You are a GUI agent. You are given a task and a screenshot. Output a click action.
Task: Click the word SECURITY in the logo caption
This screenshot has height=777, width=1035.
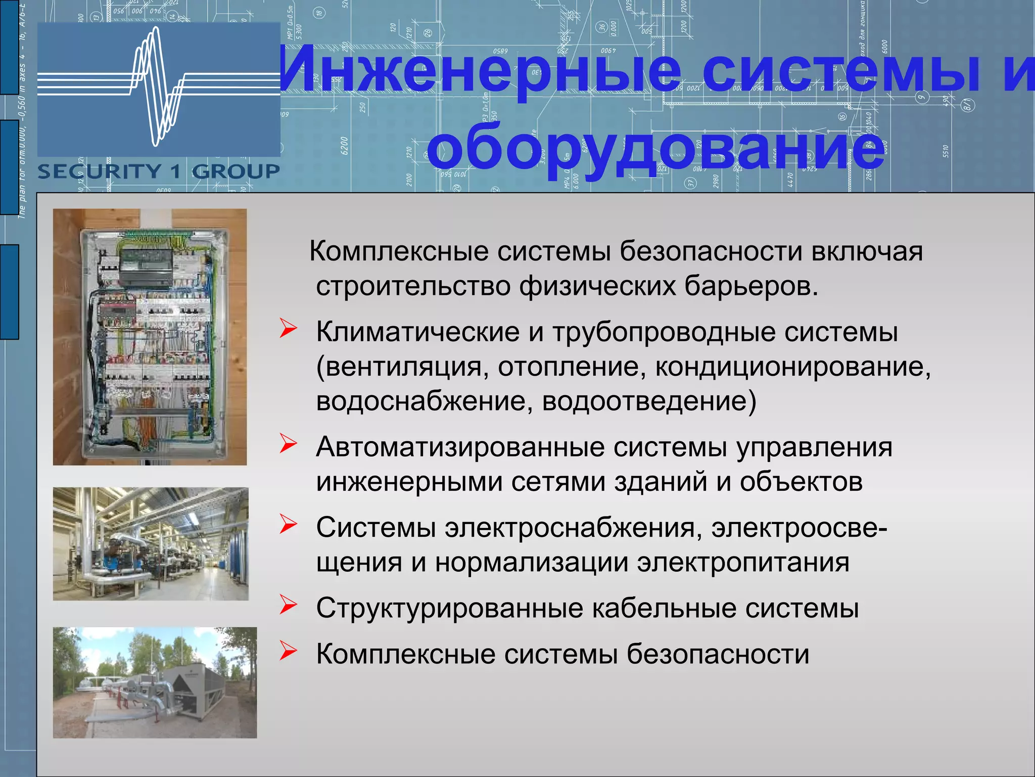point(99,172)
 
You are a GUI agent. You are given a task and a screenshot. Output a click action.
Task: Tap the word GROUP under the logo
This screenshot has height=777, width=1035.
point(236,172)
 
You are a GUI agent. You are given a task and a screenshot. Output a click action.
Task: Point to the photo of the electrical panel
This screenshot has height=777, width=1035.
point(150,337)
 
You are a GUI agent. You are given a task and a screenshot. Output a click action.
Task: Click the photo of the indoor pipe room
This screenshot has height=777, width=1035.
point(151,544)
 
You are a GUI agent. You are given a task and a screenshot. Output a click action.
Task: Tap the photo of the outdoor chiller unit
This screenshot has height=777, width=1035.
point(155,682)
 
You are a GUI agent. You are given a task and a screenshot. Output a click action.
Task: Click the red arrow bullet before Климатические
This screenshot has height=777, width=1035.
point(288,329)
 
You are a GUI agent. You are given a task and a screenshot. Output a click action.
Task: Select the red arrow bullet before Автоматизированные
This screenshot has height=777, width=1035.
point(288,444)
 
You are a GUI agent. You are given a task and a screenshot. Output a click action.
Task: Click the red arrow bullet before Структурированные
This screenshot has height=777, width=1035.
point(288,605)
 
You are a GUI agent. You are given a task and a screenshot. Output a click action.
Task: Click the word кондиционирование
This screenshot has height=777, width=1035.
point(792,367)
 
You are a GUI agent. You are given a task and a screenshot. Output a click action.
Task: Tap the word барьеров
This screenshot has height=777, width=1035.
point(751,286)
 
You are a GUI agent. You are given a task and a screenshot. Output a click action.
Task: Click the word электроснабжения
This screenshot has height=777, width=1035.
point(573,528)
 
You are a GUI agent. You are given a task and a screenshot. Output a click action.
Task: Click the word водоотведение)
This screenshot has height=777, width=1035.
point(649,402)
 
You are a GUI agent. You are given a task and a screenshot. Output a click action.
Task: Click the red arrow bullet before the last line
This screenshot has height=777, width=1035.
point(288,651)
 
